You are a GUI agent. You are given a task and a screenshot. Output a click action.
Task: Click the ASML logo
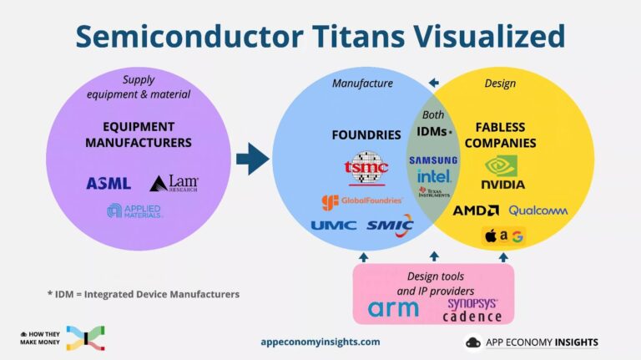tap(109, 183)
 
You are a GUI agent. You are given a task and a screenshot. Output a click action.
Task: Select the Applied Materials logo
tap(134, 210)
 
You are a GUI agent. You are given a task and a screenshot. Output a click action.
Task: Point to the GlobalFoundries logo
tap(362, 201)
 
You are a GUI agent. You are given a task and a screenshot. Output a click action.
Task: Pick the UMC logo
tap(334, 225)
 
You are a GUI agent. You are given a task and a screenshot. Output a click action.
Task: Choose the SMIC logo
tap(390, 224)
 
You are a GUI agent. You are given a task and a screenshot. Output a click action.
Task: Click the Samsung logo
tap(432, 160)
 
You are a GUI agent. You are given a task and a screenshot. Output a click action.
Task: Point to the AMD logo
tap(476, 210)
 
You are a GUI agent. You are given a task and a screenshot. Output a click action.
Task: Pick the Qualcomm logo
tap(538, 210)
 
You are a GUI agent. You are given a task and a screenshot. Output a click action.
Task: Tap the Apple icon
tap(490, 236)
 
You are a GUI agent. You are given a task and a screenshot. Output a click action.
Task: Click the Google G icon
tap(517, 236)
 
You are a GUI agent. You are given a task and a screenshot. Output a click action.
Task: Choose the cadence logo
tap(472, 317)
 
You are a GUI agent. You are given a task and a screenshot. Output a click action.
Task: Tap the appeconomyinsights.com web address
tap(320, 342)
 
